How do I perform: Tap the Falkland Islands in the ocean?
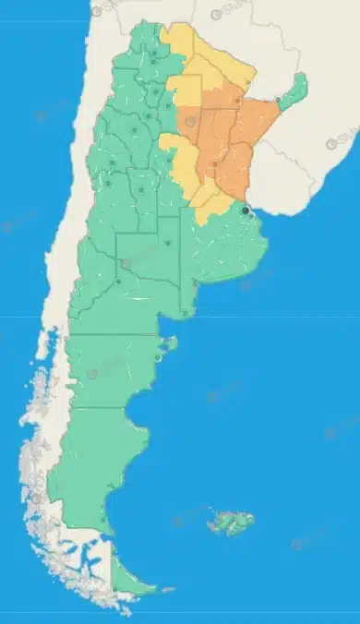230,523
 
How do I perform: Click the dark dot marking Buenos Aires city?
245,210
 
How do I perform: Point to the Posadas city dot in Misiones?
280,99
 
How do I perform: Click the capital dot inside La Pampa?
168,244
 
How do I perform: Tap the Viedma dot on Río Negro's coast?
185,315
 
